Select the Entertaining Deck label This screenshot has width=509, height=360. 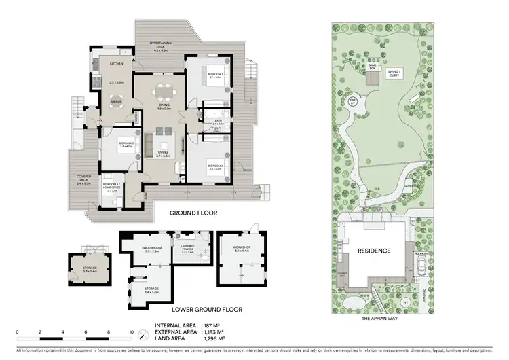(162, 47)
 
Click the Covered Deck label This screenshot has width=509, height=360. (84, 181)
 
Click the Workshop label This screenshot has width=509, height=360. (242, 249)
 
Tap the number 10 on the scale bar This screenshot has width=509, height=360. (132, 333)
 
